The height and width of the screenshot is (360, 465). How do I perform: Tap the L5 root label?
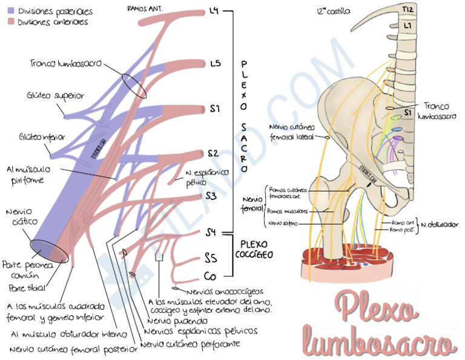(x=215, y=62)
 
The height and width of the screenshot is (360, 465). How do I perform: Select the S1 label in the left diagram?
(x=215, y=108)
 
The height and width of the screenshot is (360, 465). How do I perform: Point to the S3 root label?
(x=211, y=195)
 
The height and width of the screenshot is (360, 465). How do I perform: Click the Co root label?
(x=210, y=277)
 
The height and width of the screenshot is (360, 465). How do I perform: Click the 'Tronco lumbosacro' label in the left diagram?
(x=65, y=63)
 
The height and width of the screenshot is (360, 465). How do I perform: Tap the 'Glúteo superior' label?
(x=55, y=96)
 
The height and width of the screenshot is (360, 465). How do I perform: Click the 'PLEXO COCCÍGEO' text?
(x=254, y=249)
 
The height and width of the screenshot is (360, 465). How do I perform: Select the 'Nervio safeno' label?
(x=281, y=223)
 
